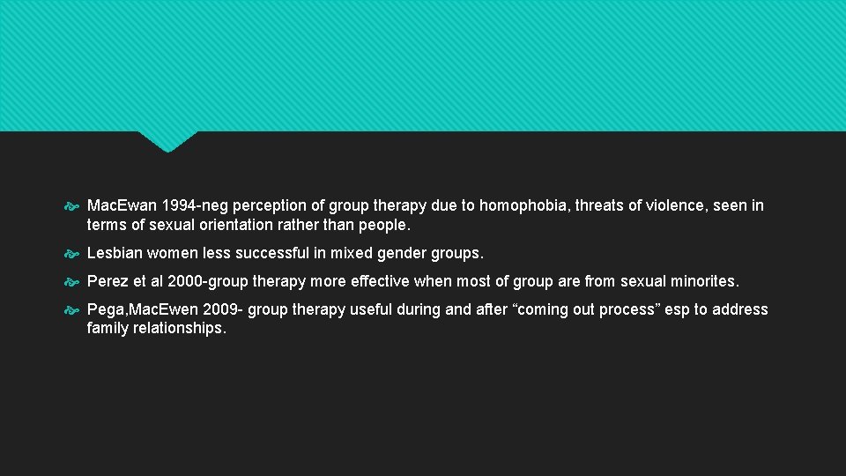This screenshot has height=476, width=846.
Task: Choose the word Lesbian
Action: coord(115,253)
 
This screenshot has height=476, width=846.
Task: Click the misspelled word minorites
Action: coord(706,281)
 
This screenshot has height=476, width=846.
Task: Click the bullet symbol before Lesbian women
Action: coord(74,254)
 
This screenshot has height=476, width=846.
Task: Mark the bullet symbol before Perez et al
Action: coord(74,282)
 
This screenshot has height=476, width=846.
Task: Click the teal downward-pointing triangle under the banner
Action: coord(167,140)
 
